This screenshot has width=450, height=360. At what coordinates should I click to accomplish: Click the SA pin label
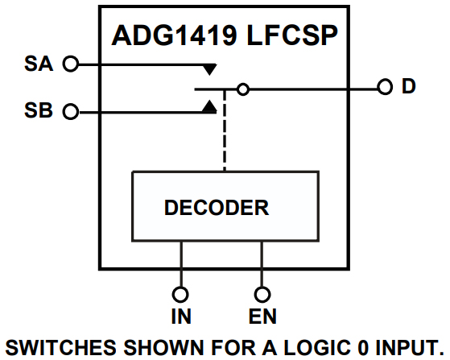tap(39, 64)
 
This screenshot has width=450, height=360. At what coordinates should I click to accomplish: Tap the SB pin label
tap(39, 110)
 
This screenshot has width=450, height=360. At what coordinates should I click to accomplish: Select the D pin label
tap(409, 86)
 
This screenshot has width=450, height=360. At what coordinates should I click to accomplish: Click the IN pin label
tap(181, 317)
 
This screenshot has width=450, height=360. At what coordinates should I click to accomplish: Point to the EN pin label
tap(262, 317)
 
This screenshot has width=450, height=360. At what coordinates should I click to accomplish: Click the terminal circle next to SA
tap(71, 64)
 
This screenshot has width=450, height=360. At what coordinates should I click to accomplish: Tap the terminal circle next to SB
tap(71, 112)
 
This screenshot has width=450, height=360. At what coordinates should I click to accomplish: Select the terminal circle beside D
tap(385, 87)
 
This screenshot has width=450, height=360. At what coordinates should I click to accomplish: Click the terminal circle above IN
tap(180, 295)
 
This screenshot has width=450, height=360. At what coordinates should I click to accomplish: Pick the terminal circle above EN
tap(262, 295)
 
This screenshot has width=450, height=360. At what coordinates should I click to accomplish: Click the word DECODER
tap(217, 208)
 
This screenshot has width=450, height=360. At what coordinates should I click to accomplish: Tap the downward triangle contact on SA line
tap(210, 69)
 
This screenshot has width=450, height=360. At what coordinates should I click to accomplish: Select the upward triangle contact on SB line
tap(209, 106)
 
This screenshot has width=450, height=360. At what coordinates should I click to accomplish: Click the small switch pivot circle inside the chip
tap(243, 89)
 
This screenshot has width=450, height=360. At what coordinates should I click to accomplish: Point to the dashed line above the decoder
tap(225, 130)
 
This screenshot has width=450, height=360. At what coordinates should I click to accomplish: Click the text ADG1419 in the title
tap(175, 35)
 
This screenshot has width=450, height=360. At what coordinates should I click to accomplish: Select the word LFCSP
tap(292, 35)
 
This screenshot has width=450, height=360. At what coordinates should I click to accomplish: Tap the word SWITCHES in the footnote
tap(61, 348)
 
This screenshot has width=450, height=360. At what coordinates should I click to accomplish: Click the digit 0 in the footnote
tap(363, 348)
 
